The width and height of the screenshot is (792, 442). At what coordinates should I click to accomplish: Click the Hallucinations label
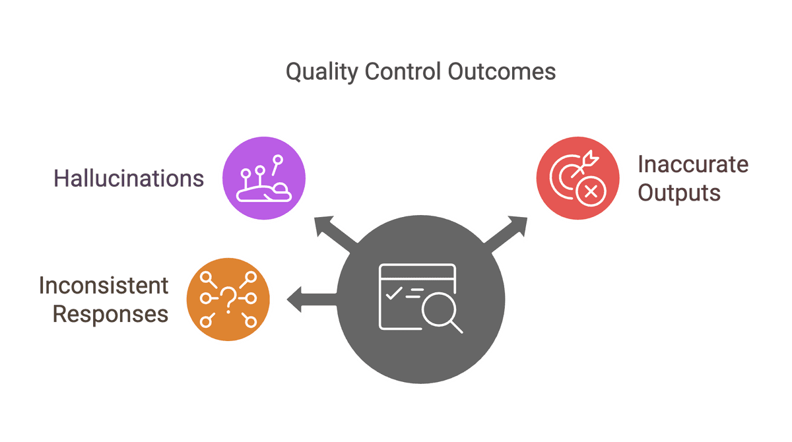129,179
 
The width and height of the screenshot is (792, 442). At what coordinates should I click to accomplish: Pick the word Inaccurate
692,164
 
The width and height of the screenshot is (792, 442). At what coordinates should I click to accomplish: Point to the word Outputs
678,193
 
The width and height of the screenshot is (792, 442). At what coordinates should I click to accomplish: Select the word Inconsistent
104,286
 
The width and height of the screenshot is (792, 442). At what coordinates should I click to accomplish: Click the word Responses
110,315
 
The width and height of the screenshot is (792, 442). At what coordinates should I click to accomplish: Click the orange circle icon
228,300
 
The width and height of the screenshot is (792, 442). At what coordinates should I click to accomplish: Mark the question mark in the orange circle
228,300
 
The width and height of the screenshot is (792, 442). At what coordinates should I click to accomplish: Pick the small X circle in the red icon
590,192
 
